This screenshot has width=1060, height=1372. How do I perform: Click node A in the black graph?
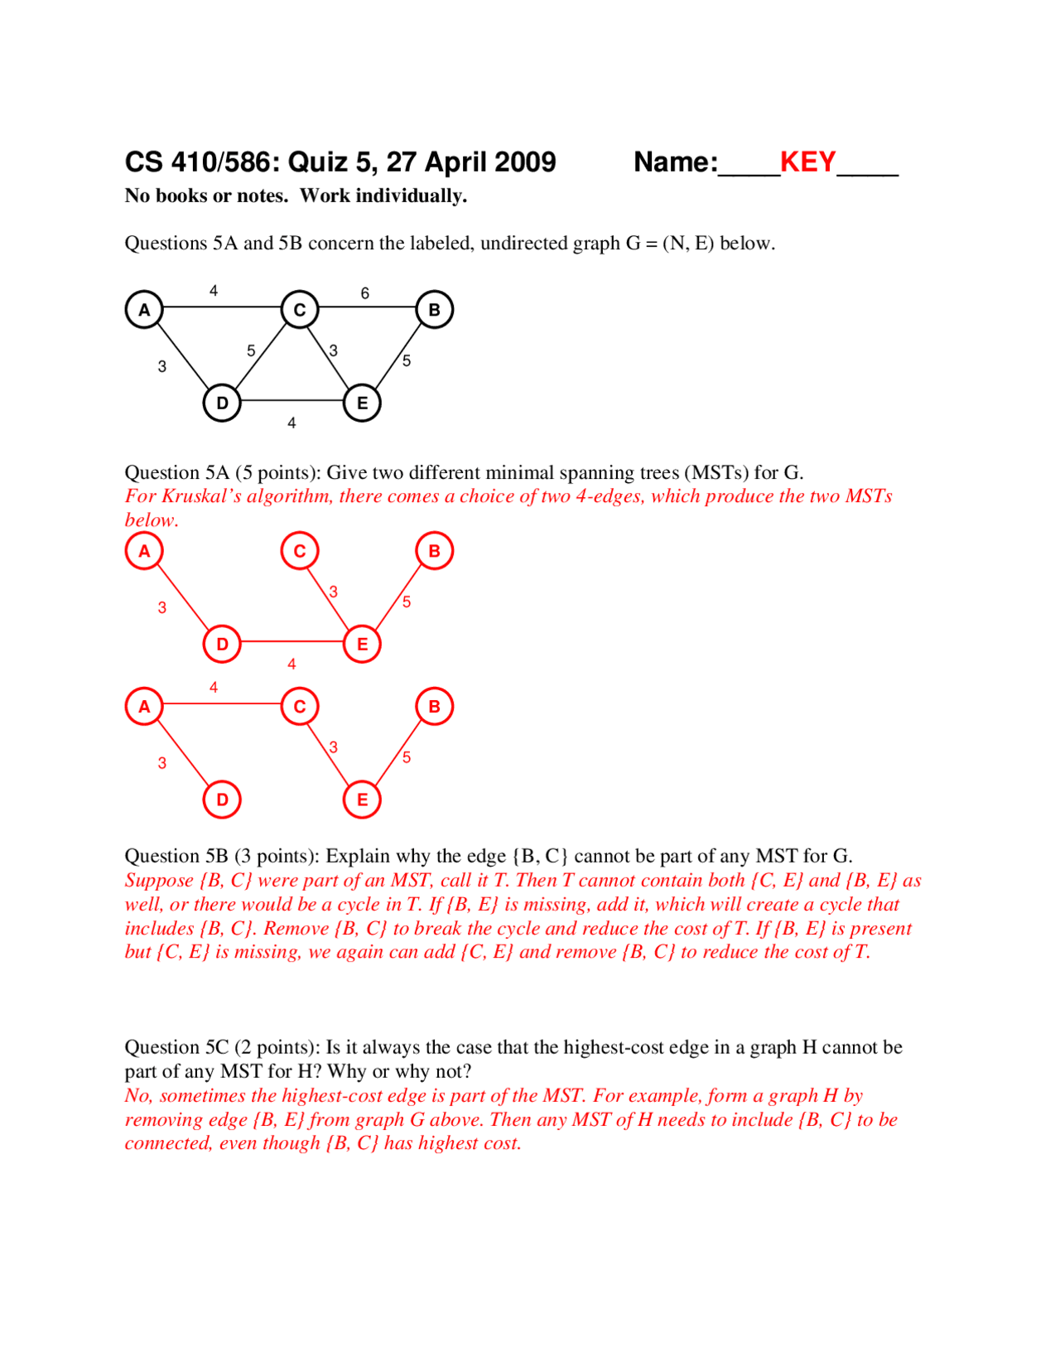point(144,310)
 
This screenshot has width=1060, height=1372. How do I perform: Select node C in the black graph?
point(300,310)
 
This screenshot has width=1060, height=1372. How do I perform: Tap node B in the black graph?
point(434,310)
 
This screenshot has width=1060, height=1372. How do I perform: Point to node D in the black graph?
point(222,403)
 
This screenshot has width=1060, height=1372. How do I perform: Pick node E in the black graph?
point(362,403)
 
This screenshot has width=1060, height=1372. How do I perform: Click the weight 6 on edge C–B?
point(365,293)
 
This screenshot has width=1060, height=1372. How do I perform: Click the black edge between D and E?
point(291,401)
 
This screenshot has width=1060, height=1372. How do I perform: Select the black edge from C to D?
point(261,356)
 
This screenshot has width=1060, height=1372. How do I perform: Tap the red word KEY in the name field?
point(807,162)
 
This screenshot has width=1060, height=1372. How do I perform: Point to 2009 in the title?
point(523,162)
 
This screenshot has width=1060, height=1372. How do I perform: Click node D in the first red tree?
point(222,644)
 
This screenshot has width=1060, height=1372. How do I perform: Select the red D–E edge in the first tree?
point(291,641)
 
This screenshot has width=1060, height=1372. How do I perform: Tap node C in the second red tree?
point(300,707)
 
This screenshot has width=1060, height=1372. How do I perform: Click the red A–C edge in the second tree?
point(222,703)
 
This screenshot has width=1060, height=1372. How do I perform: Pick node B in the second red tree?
point(434,707)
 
